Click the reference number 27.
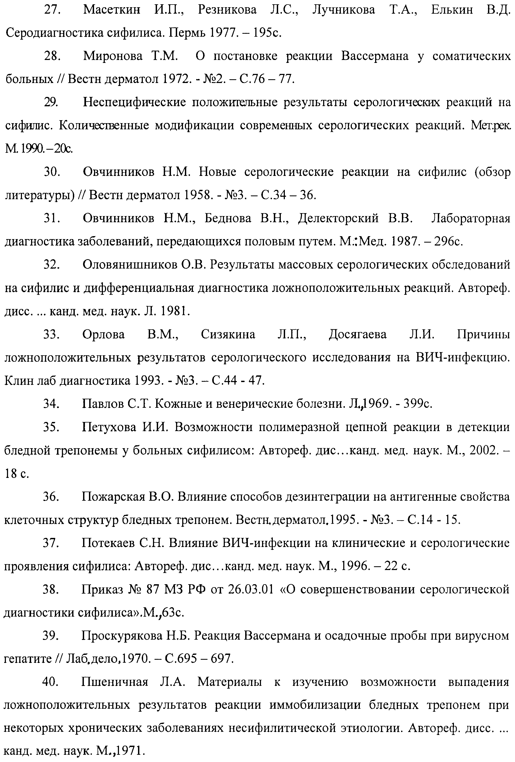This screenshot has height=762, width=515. click(52, 10)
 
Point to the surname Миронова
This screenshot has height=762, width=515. click(113, 56)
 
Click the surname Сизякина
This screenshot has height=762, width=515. click(228, 334)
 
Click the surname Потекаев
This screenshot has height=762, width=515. click(108, 543)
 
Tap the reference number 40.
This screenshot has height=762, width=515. click(51, 682)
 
